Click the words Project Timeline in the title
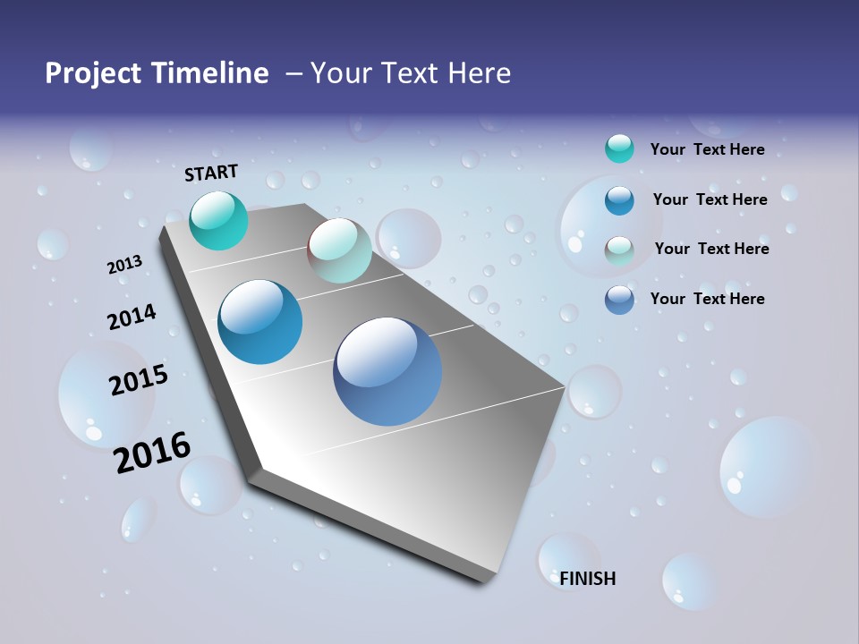tap(157, 73)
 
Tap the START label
tap(211, 173)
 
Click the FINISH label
tap(588, 579)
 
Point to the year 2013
tap(124, 265)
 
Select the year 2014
tap(132, 317)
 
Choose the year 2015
tap(138, 380)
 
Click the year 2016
tap(152, 452)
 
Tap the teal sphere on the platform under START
tap(218, 220)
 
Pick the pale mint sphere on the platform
tap(339, 250)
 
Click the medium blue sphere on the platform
tap(260, 322)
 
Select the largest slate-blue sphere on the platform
tap(387, 371)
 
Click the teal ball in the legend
tap(619, 148)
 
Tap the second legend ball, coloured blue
tap(619, 199)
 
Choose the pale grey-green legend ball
tap(619, 250)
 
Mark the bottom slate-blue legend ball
tap(619, 300)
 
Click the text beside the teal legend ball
tap(707, 149)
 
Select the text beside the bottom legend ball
tap(707, 299)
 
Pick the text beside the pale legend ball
tap(711, 249)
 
